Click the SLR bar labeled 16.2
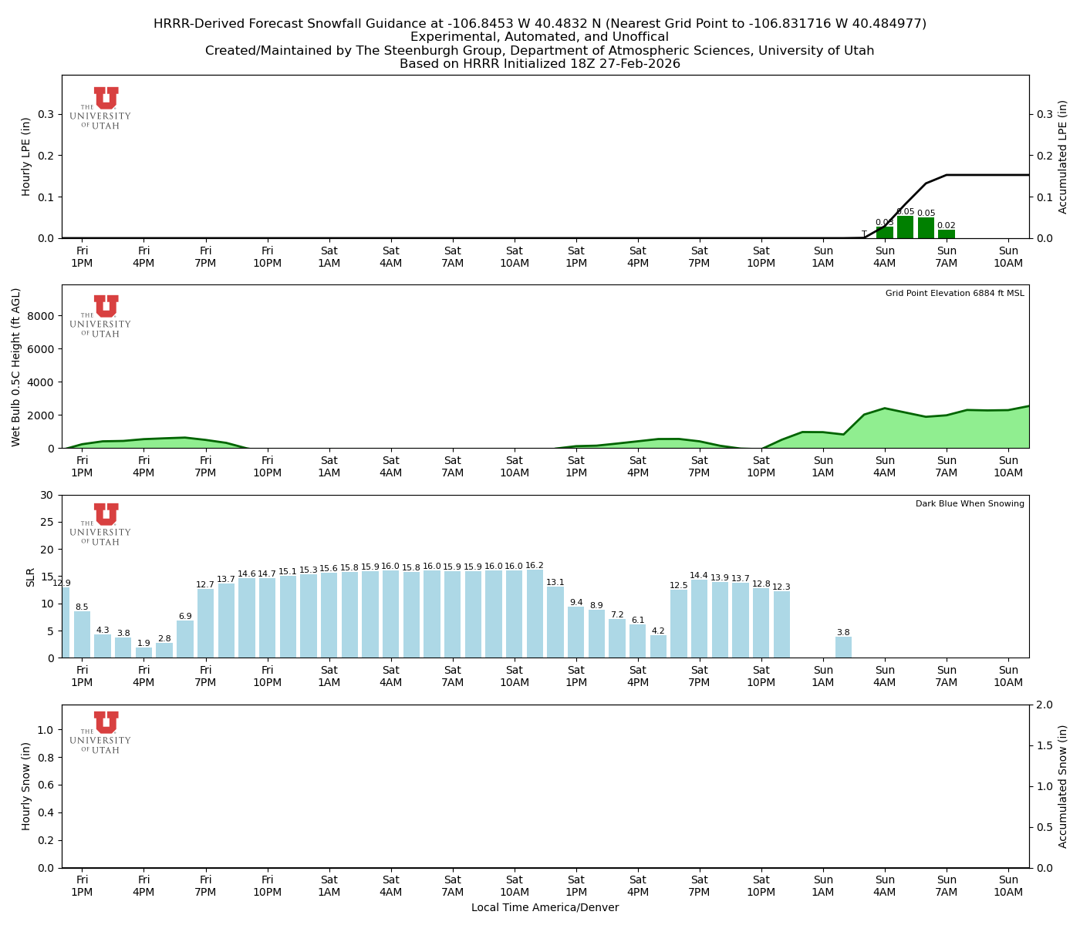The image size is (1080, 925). [x=535, y=614]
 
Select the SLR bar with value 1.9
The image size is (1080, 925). [x=143, y=652]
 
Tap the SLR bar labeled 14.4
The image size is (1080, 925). [x=699, y=618]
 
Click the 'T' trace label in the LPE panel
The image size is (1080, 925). [x=864, y=234]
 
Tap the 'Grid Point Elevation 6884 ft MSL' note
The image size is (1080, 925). [x=954, y=294]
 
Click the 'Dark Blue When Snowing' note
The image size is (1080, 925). [x=970, y=504]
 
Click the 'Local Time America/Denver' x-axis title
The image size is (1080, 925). [x=545, y=907]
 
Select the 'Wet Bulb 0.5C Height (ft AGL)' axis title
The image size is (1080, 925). [x=17, y=367]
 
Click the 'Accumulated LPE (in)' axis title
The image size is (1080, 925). [x=1063, y=156]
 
